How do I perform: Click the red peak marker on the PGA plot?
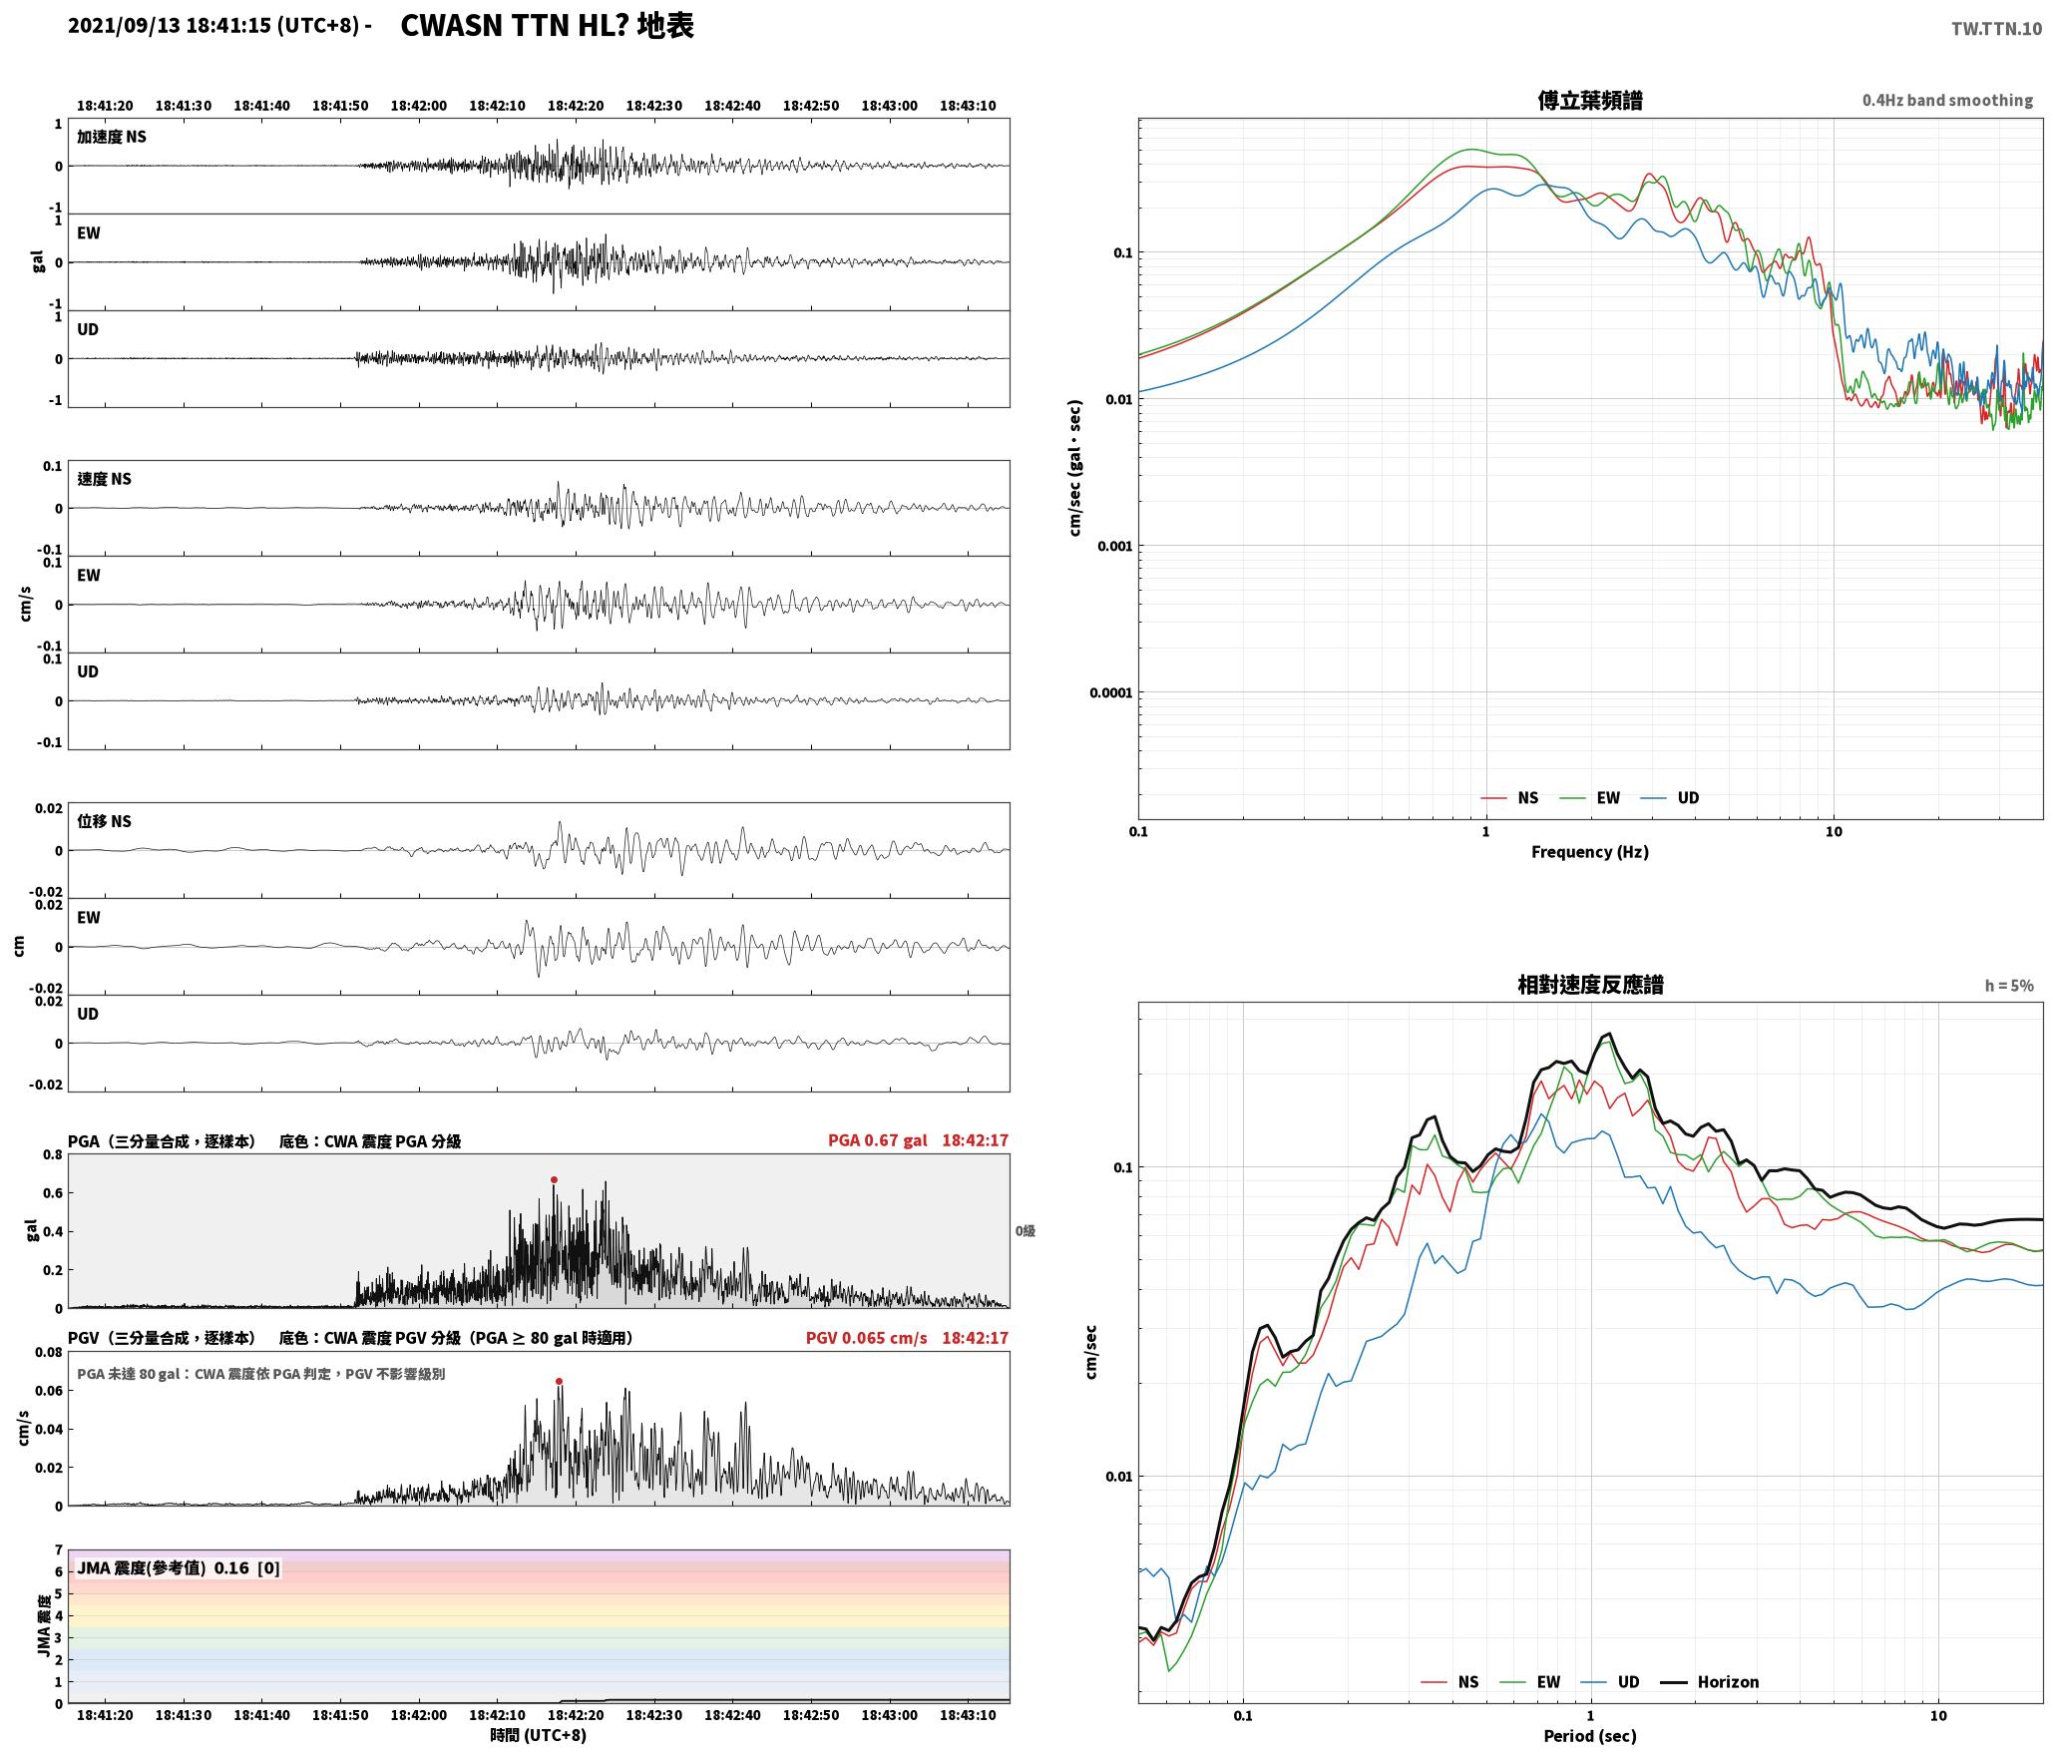[554, 1179]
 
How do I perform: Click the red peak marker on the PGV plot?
[559, 1381]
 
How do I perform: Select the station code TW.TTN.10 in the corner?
[1996, 29]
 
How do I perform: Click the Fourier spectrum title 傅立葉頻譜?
[1590, 101]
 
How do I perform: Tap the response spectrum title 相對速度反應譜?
[1590, 985]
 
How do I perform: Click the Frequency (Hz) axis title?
[1590, 851]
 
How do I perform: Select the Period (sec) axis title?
[1590, 1735]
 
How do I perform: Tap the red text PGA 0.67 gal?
[877, 1140]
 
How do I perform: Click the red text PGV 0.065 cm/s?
[866, 1338]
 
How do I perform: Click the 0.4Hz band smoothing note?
[1947, 100]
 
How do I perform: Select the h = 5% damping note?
[2009, 986]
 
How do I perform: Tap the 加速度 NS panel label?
[112, 137]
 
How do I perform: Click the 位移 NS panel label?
[105, 821]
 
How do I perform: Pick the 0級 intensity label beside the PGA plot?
[1026, 1231]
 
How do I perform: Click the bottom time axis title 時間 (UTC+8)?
[539, 1735]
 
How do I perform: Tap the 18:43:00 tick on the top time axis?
[890, 106]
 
